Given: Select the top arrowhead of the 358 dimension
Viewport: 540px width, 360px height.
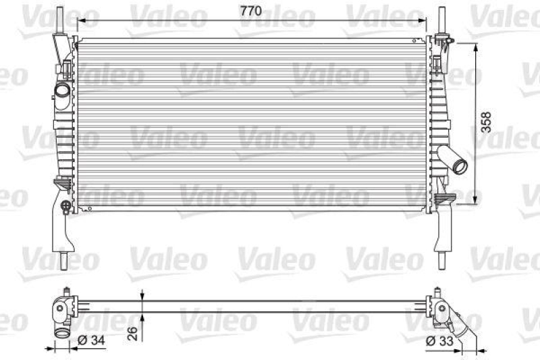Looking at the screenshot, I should pos(478,45).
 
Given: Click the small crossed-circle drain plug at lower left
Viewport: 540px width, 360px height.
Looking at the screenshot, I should pos(65,205).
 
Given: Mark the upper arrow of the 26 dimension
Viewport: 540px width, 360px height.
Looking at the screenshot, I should pos(143,297).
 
